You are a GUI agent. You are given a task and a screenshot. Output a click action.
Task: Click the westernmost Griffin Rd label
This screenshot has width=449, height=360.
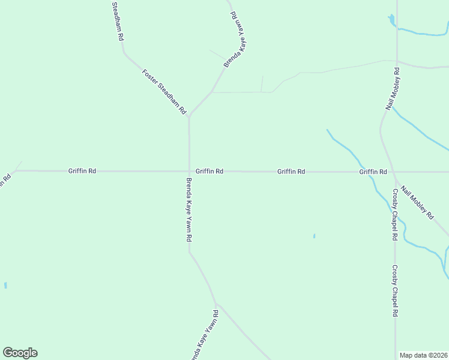tap(82, 171)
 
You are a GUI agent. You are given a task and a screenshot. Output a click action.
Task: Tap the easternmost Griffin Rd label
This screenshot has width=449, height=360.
tap(373, 172)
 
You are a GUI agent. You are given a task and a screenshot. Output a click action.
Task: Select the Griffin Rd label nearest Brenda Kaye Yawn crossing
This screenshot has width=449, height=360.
tap(209, 171)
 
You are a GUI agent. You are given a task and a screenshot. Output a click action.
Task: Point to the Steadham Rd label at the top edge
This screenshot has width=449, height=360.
tap(118, 21)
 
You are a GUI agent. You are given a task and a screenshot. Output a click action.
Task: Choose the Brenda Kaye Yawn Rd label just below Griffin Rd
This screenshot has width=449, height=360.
tap(188, 210)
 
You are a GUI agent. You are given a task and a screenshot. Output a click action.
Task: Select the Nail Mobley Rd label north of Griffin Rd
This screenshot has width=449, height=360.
tap(393, 88)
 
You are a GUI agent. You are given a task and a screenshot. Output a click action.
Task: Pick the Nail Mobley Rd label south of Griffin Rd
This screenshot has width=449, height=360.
tap(417, 202)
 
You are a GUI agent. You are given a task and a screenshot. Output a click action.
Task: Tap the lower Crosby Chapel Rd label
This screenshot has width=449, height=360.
tap(395, 291)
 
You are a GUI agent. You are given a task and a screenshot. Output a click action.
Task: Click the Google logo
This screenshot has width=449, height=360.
tap(20, 353)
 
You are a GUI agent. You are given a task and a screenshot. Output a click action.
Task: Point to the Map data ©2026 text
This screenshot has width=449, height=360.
tap(424, 355)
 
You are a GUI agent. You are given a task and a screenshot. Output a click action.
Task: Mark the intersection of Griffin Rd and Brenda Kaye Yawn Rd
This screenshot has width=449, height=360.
tap(189, 171)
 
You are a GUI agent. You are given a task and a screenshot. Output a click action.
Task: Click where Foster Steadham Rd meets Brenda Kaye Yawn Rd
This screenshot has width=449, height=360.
tap(189, 117)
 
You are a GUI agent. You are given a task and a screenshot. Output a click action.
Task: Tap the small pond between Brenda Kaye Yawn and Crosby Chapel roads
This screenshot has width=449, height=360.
tap(314, 236)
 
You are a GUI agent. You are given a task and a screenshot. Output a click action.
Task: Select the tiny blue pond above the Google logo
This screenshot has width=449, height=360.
tap(5, 286)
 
